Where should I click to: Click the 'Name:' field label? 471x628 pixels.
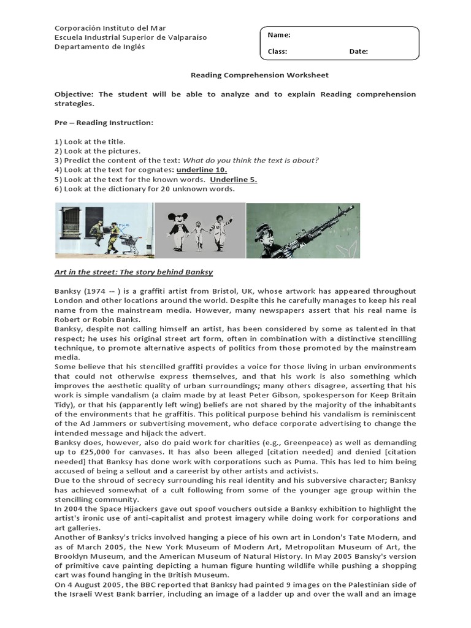(x=279, y=35)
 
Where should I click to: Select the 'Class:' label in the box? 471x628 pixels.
(x=277, y=52)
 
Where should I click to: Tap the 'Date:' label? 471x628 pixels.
(x=358, y=52)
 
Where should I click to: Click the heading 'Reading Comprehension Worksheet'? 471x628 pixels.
(x=259, y=75)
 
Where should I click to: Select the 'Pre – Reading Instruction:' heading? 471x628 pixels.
(x=104, y=123)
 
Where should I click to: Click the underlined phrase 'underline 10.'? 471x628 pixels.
(x=202, y=170)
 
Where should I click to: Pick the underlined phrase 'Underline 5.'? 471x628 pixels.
(x=233, y=179)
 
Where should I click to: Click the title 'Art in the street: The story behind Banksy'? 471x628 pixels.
(x=134, y=271)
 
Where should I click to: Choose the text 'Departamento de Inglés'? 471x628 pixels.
(x=100, y=47)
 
